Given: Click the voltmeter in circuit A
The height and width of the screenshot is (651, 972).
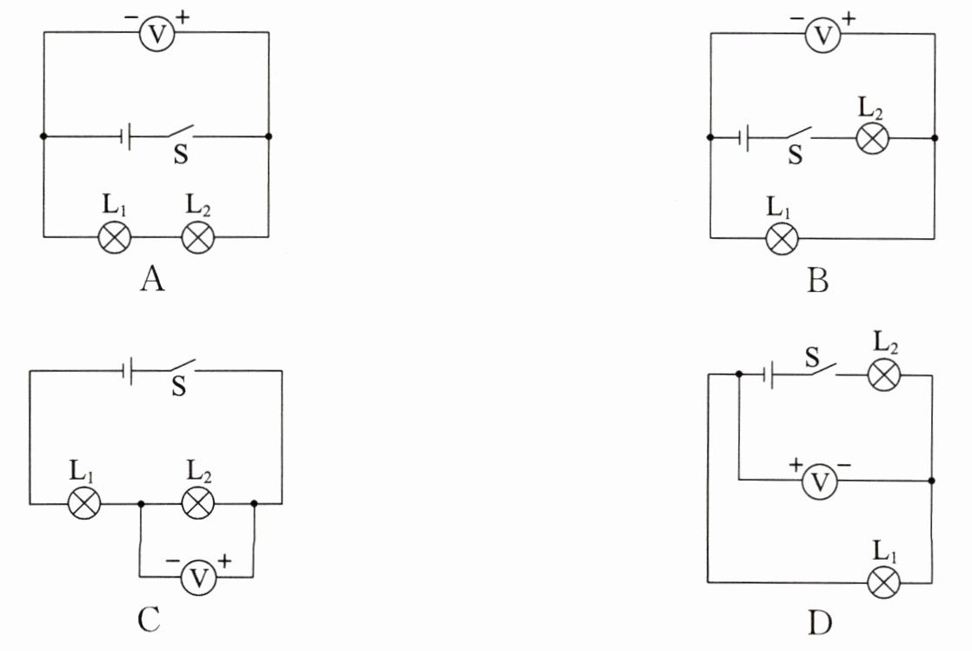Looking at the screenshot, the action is tap(156, 34).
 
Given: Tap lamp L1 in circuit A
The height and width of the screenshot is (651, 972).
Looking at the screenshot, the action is tap(115, 236).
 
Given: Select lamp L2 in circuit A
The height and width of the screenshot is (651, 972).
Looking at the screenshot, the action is tap(197, 236).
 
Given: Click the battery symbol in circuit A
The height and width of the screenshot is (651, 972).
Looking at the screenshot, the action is tap(125, 136).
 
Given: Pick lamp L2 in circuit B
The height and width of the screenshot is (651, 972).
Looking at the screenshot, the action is tap(872, 137).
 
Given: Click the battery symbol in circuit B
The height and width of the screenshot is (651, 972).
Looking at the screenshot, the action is tap(744, 137).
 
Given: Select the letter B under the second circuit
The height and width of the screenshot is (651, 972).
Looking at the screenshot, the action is tap(818, 280).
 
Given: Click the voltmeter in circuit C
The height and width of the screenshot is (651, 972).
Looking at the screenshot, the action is tap(198, 577).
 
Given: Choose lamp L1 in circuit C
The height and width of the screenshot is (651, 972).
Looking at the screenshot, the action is tap(83, 503).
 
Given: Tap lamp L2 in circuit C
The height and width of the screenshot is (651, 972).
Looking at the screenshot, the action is tap(197, 503).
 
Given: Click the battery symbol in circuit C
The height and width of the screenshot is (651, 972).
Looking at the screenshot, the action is tap(128, 371).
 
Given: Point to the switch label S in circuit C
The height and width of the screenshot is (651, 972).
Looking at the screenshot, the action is tap(178, 386).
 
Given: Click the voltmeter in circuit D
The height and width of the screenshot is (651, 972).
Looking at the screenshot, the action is tap(820, 482).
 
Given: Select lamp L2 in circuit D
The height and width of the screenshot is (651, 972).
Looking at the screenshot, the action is tap(884, 375).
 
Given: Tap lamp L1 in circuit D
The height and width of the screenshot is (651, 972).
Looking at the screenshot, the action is tap(884, 582).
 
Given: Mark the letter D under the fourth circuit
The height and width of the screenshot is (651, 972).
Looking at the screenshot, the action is tap(820, 622).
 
